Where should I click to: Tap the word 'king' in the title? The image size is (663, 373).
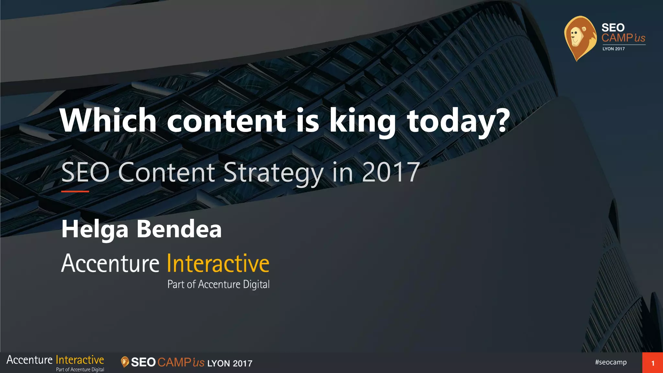pos(363,121)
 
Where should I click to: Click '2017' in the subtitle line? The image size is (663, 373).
pos(391,172)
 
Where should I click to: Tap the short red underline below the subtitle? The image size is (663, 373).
pos(75,191)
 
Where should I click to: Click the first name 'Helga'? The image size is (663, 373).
pos(95,229)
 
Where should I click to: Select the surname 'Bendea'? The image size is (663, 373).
pos(179,229)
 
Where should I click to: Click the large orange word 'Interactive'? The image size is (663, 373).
pos(218,263)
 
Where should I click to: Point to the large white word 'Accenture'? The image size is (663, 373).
pos(110,263)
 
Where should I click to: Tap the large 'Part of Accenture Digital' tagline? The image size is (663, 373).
pos(219,284)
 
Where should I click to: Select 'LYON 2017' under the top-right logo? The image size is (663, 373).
pos(613,49)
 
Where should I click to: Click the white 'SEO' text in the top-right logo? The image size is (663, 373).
pos(613,28)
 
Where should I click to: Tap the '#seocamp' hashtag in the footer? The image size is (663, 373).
pos(611,362)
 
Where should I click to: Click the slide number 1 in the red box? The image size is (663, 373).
pos(653,363)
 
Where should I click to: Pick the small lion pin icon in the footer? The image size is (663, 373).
pos(125,362)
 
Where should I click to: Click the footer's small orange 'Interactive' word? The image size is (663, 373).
pos(80,360)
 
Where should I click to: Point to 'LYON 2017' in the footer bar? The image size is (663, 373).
pos(230,363)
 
